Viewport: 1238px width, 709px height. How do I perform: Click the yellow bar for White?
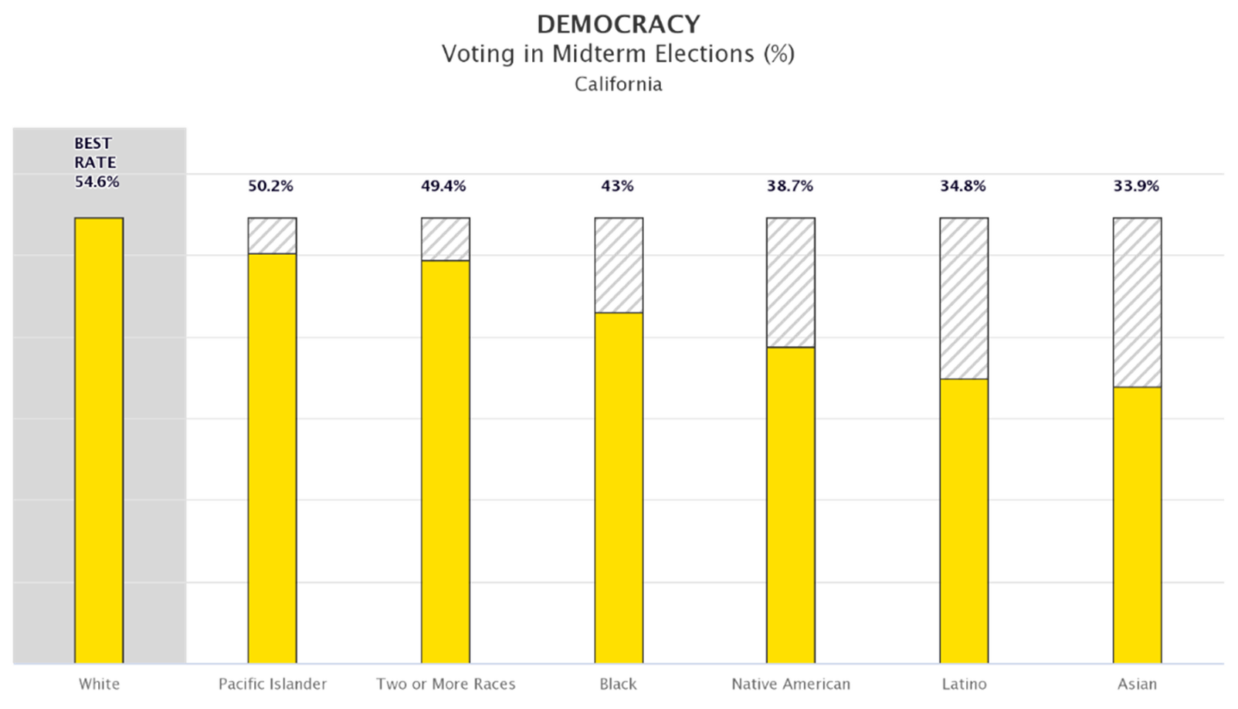click(x=99, y=440)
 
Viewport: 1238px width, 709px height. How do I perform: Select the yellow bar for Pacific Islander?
click(x=272, y=458)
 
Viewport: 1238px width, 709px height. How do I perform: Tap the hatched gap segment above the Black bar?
click(x=619, y=265)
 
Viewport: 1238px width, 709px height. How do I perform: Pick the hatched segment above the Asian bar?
click(x=1137, y=302)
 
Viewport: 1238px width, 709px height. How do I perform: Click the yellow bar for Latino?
click(x=964, y=521)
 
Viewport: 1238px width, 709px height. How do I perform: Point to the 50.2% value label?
click(x=270, y=186)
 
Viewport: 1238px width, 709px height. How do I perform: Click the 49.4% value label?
click(x=443, y=186)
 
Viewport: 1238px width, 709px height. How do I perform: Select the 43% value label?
click(x=618, y=186)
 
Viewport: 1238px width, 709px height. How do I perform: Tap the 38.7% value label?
click(x=790, y=186)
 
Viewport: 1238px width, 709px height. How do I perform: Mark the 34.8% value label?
click(x=963, y=186)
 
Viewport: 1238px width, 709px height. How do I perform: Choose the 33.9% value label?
click(x=1136, y=186)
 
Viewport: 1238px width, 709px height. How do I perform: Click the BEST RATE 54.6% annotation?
click(x=97, y=163)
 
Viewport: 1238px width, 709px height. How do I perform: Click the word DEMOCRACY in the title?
click(x=618, y=25)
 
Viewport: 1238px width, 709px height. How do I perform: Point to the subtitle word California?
click(x=618, y=84)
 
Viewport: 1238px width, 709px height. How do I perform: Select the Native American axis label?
click(x=791, y=684)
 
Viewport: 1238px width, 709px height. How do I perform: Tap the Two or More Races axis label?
click(x=446, y=684)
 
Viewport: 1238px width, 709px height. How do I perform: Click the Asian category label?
click(x=1137, y=684)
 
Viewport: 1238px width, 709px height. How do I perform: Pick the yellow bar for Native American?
click(x=791, y=505)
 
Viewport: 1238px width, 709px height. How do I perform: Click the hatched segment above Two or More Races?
click(x=446, y=239)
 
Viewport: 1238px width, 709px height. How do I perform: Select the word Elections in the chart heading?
click(x=704, y=54)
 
